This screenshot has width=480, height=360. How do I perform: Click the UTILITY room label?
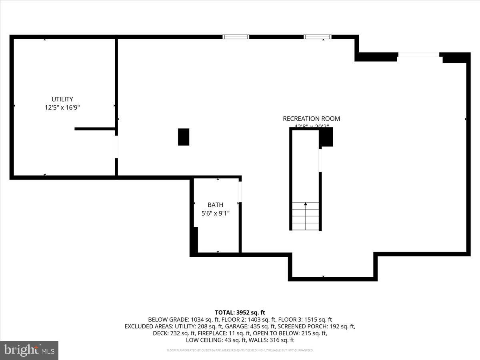coord(62,99)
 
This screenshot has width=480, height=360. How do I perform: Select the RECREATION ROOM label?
coord(311,118)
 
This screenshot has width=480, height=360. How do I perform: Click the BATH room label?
coord(215,205)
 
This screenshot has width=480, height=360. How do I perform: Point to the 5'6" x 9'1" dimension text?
coord(215,214)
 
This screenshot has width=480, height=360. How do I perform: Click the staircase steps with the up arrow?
coord(306,216)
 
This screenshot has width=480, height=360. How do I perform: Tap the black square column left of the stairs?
coord(184,137)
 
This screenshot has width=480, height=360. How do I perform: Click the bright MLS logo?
coord(29,350)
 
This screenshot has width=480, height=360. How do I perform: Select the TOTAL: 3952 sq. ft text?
coord(240,312)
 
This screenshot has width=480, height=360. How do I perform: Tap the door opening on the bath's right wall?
coord(240,192)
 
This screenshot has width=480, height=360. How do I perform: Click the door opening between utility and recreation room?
coord(116,147)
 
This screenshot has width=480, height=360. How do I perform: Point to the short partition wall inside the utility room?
coord(95,129)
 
